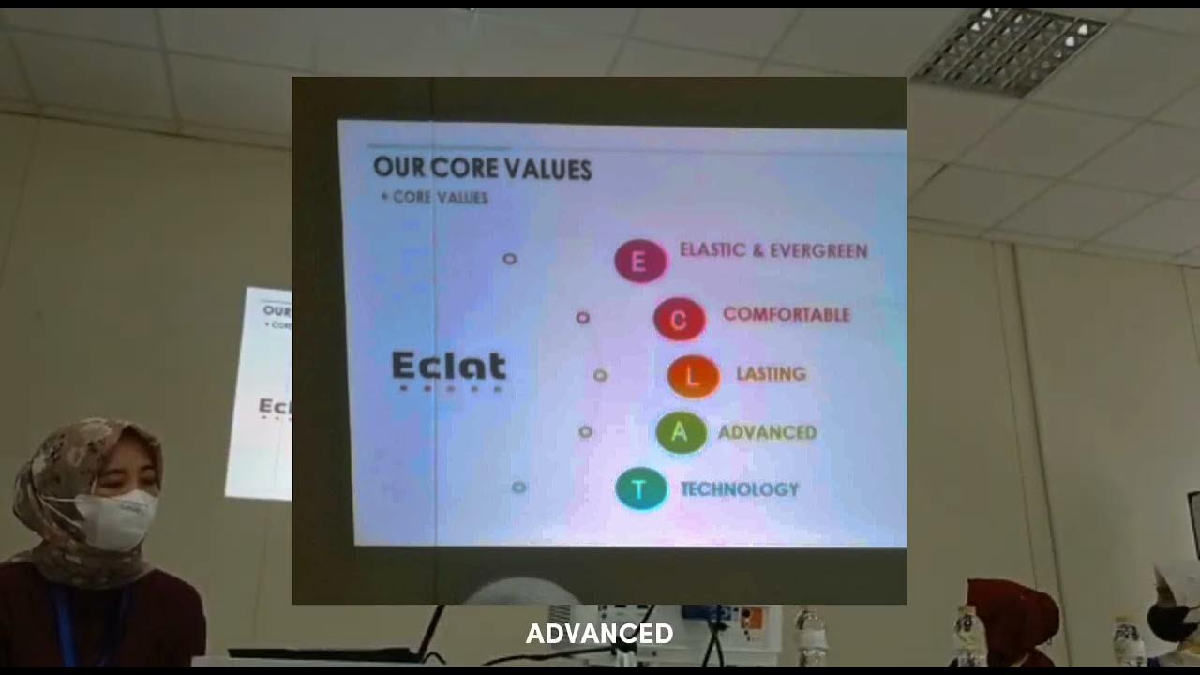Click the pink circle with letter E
pyautogui.click(x=640, y=261)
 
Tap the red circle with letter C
pyautogui.click(x=679, y=320)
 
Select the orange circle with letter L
pyautogui.click(x=693, y=376)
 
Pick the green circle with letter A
pyautogui.click(x=681, y=433)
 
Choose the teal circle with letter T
pyautogui.click(x=640, y=489)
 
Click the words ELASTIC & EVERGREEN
pyautogui.click(x=773, y=251)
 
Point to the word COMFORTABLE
pyautogui.click(x=786, y=315)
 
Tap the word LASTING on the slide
pyautogui.click(x=771, y=373)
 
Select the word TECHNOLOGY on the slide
pyautogui.click(x=739, y=489)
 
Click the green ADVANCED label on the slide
pyautogui.click(x=767, y=432)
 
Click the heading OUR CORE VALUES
pyautogui.click(x=482, y=169)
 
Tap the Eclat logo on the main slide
pyautogui.click(x=449, y=368)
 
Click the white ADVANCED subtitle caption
pyautogui.click(x=599, y=635)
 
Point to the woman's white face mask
pyautogui.click(x=115, y=518)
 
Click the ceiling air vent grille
pyautogui.click(x=1010, y=52)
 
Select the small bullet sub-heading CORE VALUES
pyautogui.click(x=435, y=198)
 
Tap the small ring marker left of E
pyautogui.click(x=510, y=258)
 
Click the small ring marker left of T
pyautogui.click(x=519, y=487)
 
